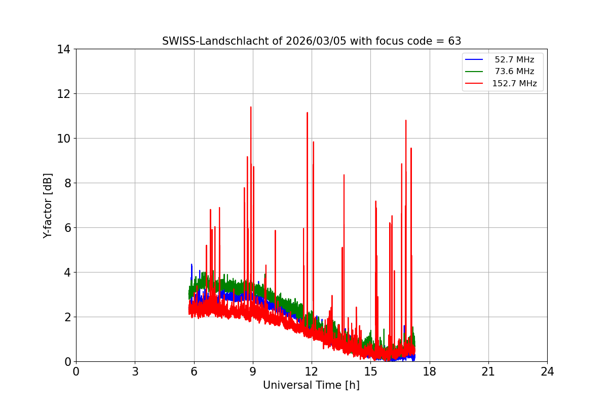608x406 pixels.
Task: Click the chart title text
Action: [x=312, y=41]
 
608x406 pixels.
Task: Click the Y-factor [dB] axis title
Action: [x=48, y=206]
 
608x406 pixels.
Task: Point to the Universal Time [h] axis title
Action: [x=311, y=385]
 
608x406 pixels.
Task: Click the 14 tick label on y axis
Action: [x=63, y=49]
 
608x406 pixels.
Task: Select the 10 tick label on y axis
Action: [x=63, y=139]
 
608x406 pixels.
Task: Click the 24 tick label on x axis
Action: [x=547, y=371]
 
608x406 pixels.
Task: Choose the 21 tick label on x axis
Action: [x=488, y=371]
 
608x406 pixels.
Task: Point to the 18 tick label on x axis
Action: [x=430, y=371]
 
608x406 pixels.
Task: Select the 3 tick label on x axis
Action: [x=135, y=371]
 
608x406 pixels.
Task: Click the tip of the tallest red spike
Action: [x=250, y=107]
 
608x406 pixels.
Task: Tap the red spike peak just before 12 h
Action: [x=307, y=113]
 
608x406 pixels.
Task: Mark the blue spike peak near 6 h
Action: [x=192, y=264]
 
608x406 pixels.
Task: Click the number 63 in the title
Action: [x=454, y=41]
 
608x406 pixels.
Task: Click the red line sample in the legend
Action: [x=475, y=84]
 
